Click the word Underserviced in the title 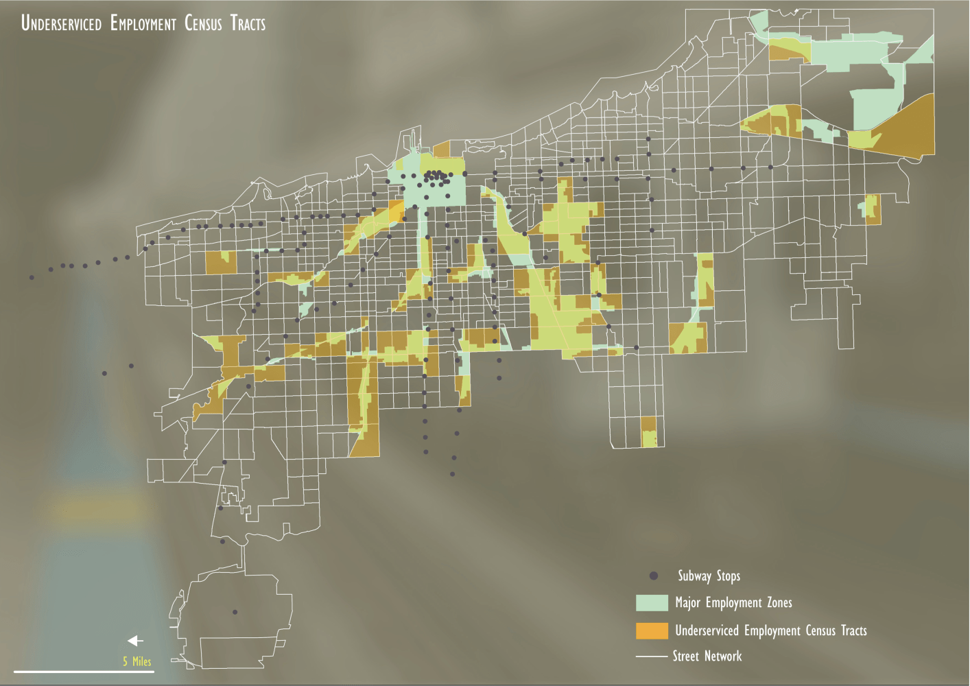point(61,23)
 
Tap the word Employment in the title point(143,23)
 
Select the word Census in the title point(203,23)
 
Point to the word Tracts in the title point(248,23)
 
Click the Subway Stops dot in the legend point(653,576)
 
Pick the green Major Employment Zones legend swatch point(652,603)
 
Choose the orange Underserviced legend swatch point(652,630)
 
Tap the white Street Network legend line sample point(652,657)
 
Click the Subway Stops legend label point(709,576)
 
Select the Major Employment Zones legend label point(733,603)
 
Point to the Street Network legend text point(707,657)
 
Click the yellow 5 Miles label point(137,661)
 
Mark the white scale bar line point(84,672)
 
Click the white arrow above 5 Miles point(135,641)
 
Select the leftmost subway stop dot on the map point(32,277)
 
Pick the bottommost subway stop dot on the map point(235,612)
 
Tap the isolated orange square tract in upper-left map point(221,263)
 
